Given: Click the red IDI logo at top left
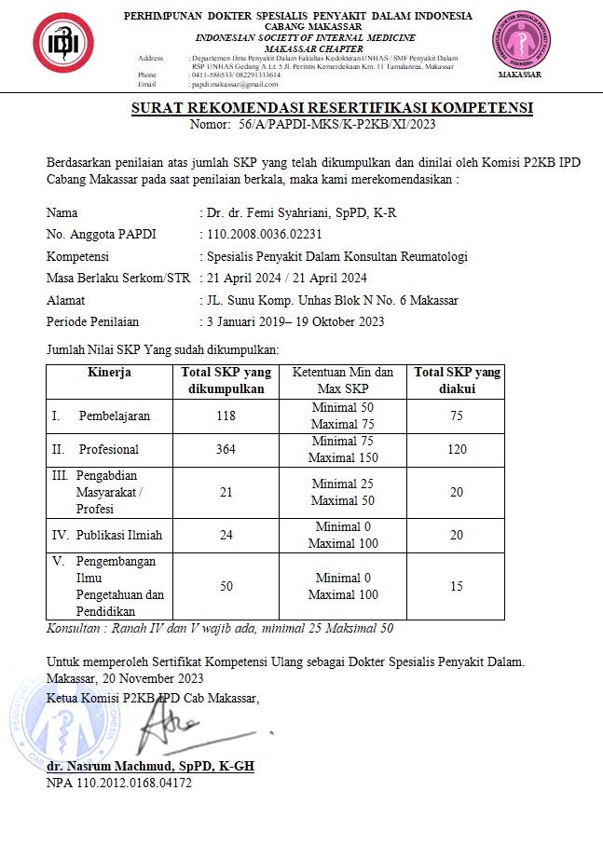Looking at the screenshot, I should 63,45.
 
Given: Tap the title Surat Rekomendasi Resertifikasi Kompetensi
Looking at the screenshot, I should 332,108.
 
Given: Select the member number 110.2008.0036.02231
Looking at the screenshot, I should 265,234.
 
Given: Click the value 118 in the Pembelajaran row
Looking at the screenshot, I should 226,416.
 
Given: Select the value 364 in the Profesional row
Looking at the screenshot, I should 226,449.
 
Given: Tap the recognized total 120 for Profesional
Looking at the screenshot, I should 456,449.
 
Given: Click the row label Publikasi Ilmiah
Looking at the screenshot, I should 107,535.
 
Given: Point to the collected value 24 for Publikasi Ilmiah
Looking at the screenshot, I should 226,535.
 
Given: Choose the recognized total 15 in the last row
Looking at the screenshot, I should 456,586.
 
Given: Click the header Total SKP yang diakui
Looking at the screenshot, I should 457,380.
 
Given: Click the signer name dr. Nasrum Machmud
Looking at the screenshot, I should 150,766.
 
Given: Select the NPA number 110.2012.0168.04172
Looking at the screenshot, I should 119,783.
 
